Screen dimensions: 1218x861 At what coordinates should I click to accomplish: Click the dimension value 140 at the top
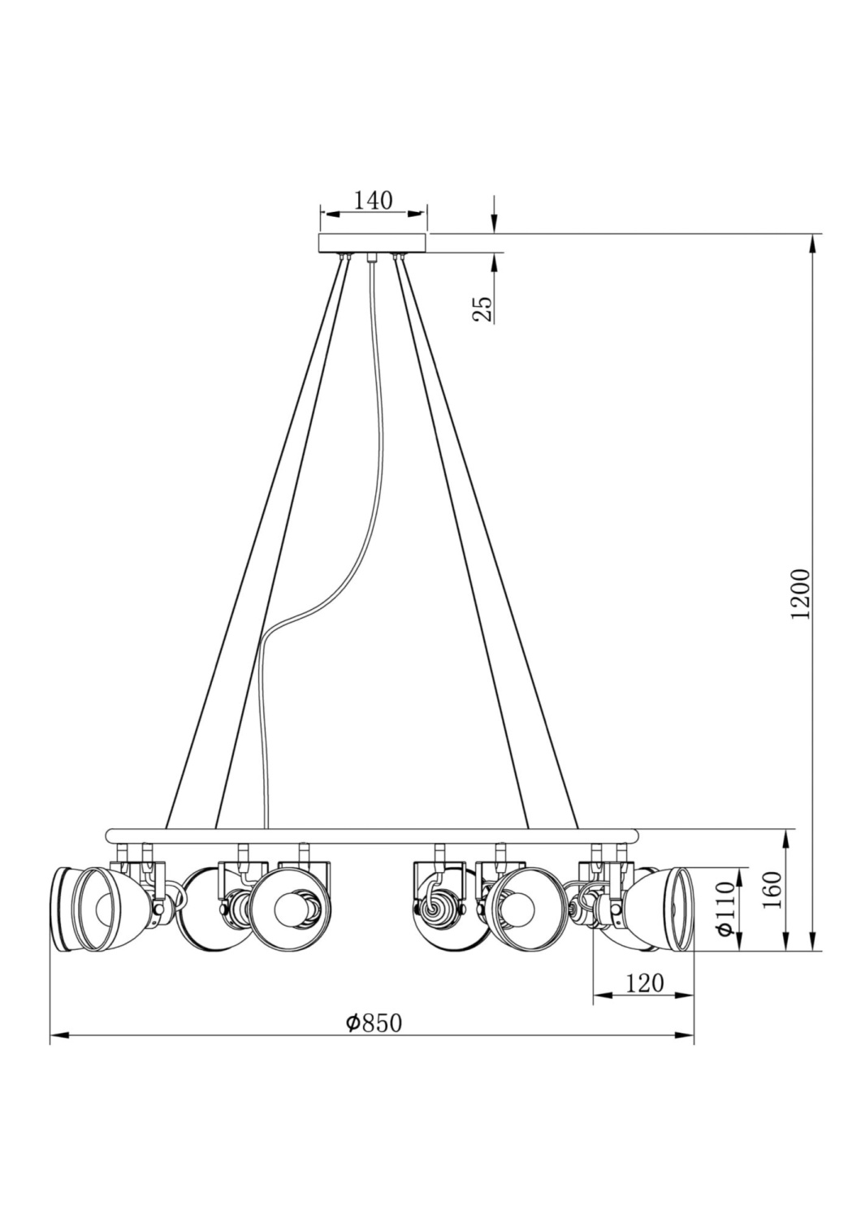(373, 200)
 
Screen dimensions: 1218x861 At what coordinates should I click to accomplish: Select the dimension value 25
(482, 309)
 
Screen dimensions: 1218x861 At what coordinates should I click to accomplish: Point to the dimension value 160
(772, 890)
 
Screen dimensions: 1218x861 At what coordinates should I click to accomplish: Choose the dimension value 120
(645, 983)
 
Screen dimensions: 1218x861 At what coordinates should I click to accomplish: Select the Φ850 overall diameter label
(373, 1023)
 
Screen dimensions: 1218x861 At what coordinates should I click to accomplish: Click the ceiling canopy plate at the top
(373, 243)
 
